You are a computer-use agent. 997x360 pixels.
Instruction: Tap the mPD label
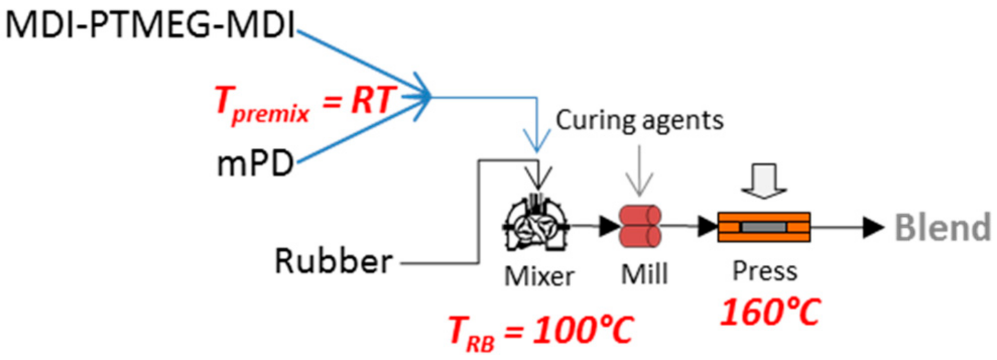point(255,164)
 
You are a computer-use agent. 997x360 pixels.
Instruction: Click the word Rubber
point(333,261)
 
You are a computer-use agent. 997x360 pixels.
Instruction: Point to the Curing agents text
point(639,121)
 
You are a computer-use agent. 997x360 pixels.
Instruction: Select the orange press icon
point(764,227)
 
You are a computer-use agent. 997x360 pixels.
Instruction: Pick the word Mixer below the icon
point(539,276)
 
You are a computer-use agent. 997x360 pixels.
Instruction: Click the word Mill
point(644,275)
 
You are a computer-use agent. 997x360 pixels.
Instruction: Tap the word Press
point(764,271)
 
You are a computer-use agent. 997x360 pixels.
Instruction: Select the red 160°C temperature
point(770,312)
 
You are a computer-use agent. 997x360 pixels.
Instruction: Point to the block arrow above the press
point(764,181)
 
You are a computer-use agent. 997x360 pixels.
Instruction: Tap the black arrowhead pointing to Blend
point(873,227)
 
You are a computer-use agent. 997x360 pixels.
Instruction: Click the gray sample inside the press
point(764,227)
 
